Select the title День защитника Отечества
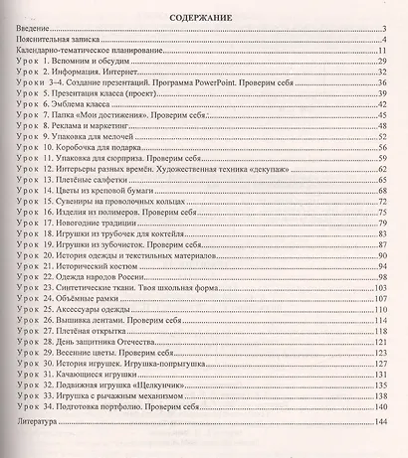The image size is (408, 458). [125, 345]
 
